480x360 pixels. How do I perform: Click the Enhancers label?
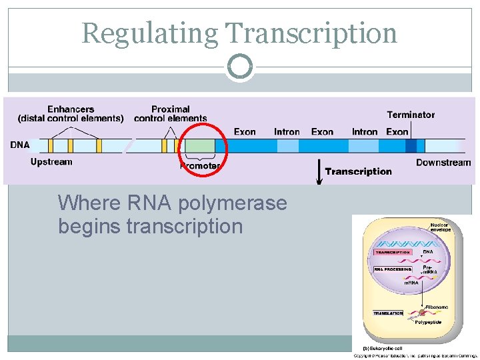71,109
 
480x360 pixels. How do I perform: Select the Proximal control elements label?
170,114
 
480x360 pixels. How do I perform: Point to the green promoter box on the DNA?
200,146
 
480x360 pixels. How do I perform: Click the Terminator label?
411,115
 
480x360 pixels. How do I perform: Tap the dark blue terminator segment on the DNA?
411,146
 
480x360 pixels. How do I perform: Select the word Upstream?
51,162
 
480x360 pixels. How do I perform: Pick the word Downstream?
443,163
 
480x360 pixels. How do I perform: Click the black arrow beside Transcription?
319,171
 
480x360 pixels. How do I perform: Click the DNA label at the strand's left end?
20,145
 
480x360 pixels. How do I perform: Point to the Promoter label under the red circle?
200,165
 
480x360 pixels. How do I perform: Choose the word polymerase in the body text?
229,203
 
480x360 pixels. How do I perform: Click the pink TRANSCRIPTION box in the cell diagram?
393,253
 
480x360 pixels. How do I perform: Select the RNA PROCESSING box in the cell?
393,269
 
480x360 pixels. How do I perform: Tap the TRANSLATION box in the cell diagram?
388,313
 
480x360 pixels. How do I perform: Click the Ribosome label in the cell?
437,307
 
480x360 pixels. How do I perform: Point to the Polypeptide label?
428,323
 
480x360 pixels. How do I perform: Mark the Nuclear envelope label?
440,227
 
